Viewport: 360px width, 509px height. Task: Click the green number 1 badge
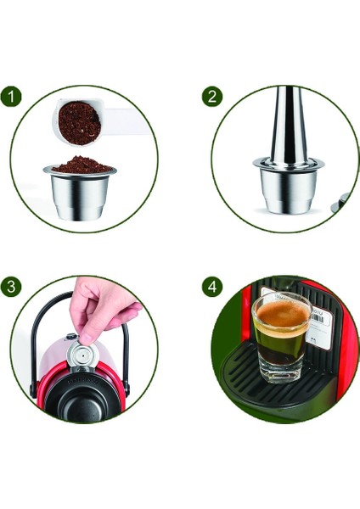(x=12, y=96)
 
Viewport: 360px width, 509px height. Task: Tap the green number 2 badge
(x=211, y=96)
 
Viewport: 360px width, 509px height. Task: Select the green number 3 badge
(x=12, y=287)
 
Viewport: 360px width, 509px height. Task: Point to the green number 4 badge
(x=211, y=287)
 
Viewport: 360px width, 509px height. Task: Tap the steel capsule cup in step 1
(x=80, y=195)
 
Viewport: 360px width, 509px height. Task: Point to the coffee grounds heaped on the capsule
(x=80, y=164)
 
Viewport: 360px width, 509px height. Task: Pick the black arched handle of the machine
(x=38, y=339)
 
